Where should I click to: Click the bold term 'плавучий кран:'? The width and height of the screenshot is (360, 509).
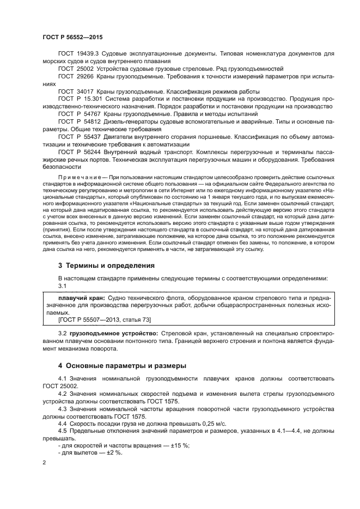coord(81,299)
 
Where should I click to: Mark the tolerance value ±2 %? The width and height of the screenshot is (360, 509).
coord(113,453)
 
